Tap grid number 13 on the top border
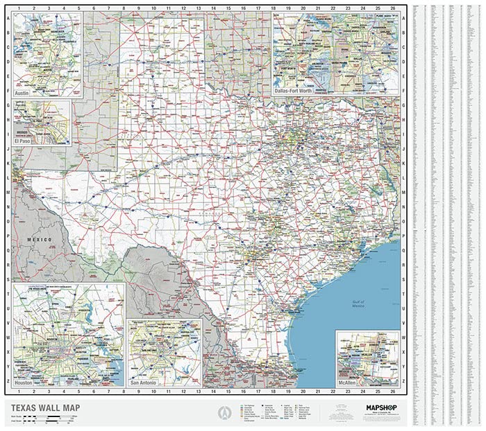[x=198, y=8]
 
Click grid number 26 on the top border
[x=394, y=8]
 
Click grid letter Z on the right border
[x=403, y=380]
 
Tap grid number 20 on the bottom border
[x=303, y=393]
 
